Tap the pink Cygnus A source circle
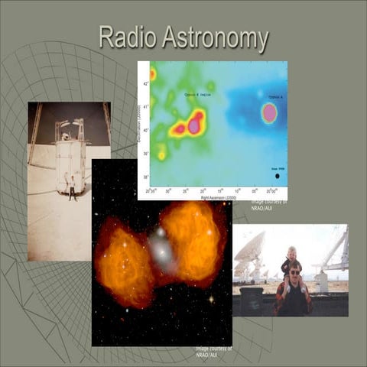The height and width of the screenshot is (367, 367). coord(268,113)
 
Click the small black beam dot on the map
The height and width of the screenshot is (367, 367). coord(277,177)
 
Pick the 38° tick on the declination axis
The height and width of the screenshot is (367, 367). coord(148,177)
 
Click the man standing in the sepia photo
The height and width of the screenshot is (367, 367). coord(73,187)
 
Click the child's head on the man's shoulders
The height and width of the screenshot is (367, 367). coord(291,253)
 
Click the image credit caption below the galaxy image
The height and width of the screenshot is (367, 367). coord(214,351)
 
